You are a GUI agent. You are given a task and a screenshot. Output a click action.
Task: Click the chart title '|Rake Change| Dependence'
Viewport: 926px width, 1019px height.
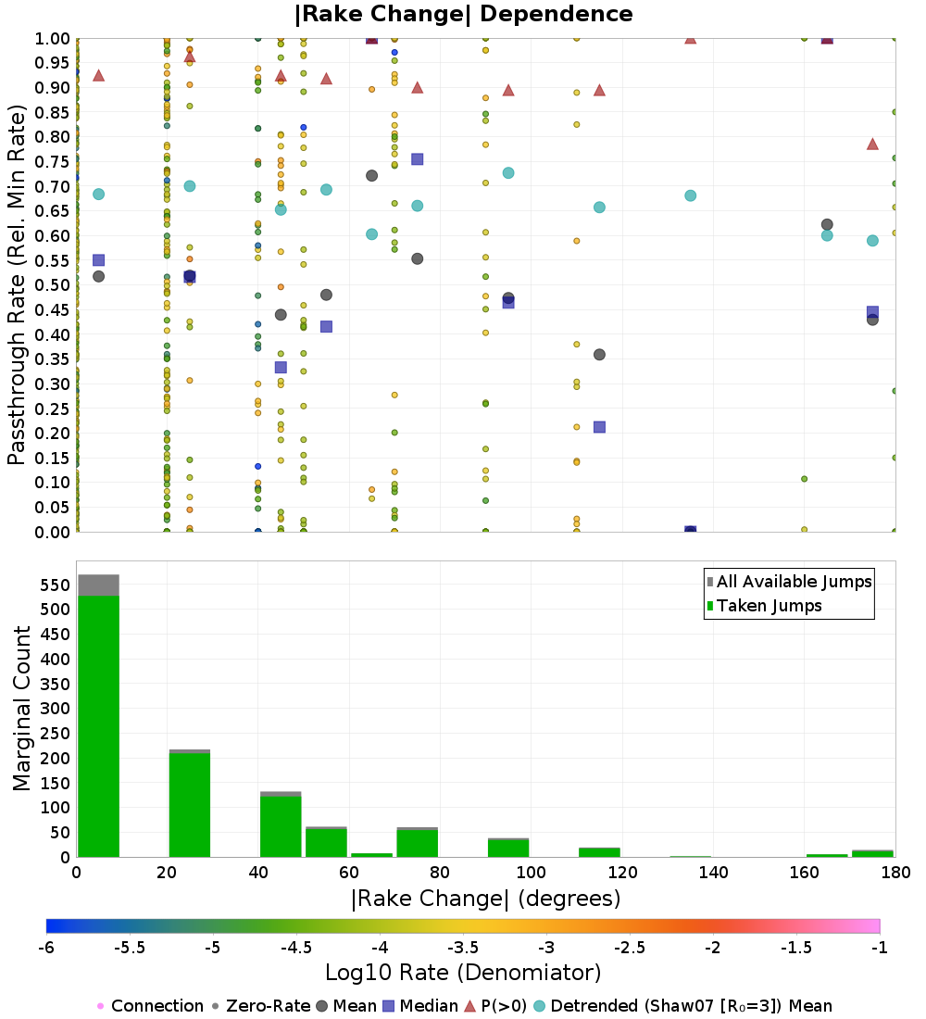464,14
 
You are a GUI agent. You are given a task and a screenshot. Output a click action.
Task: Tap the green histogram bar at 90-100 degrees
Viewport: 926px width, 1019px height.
507,848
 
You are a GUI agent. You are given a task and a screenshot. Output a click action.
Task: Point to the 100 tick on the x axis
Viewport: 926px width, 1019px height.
531,873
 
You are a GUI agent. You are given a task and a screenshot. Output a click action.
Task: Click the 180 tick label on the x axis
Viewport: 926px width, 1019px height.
894,873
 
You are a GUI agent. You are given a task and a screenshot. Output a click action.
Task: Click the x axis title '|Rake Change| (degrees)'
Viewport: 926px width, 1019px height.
485,899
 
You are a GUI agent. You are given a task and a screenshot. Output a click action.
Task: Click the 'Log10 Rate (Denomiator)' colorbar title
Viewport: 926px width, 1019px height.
463,973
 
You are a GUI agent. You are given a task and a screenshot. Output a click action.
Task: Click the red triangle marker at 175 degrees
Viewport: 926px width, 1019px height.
872,144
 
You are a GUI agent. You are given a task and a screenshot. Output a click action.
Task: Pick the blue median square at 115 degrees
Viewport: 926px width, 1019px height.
599,427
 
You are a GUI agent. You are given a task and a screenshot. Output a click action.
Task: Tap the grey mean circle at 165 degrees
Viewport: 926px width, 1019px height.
827,225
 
